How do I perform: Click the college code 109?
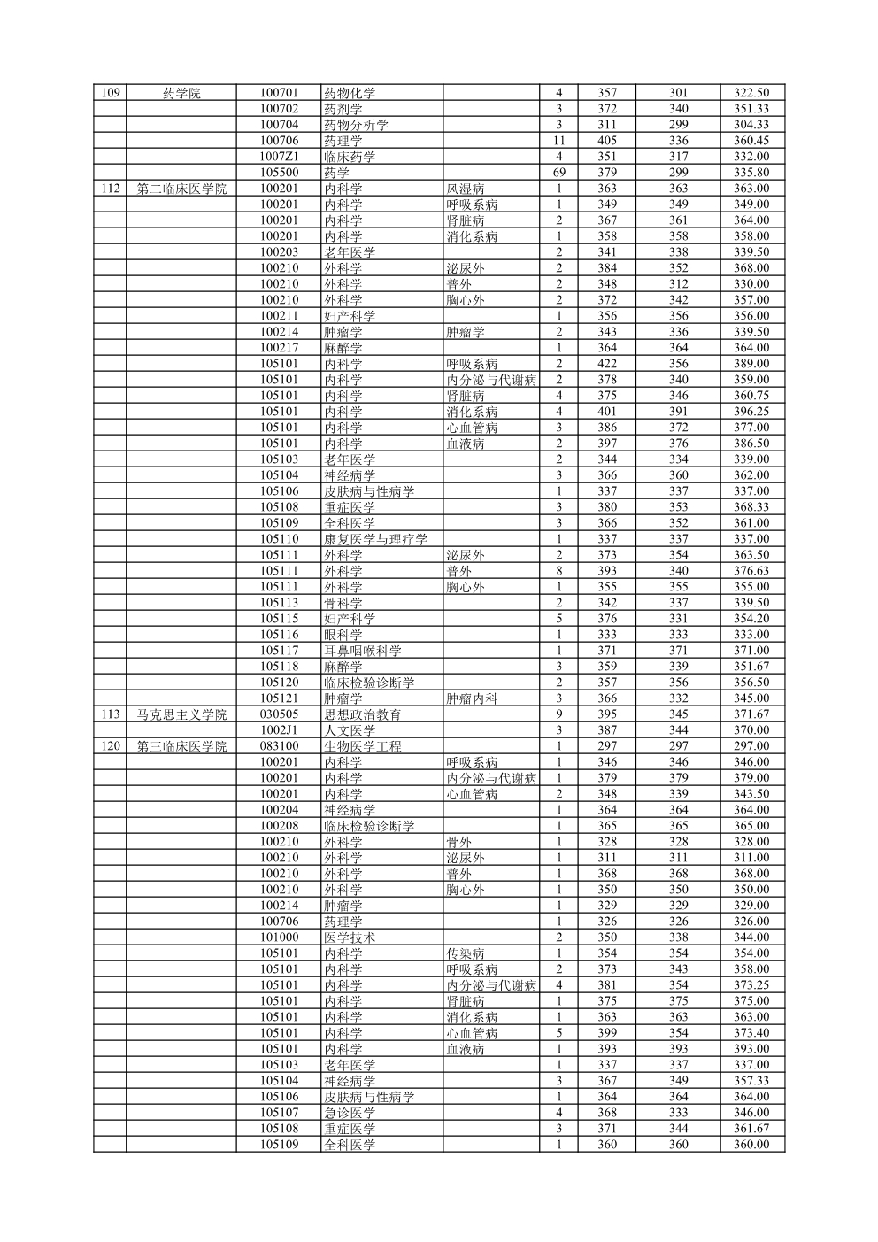[x=111, y=93]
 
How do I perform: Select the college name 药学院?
[x=181, y=93]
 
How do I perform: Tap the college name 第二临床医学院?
[x=181, y=189]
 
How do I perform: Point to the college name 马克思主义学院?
[x=181, y=714]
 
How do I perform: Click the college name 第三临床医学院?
[x=181, y=746]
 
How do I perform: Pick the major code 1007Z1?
[x=280, y=157]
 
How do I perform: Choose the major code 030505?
[x=280, y=714]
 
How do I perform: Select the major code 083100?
[x=280, y=746]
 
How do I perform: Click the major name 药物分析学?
[x=356, y=125]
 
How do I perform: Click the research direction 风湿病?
[x=466, y=189]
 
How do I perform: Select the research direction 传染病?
[x=466, y=953]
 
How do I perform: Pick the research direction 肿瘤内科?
[x=472, y=698]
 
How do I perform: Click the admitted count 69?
[x=558, y=173]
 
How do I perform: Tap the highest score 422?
[x=606, y=364]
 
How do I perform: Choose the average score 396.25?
[x=751, y=412]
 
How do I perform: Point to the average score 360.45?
[x=751, y=141]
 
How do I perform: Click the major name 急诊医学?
[x=350, y=1113]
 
